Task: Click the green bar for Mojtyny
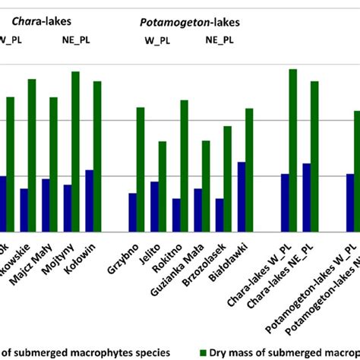[x=75, y=151]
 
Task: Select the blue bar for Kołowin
[x=89, y=201]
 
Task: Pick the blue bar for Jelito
[x=154, y=206]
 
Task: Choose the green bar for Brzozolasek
[x=227, y=178]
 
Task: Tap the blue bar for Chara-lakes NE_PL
[x=307, y=197]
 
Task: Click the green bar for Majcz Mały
[x=53, y=164]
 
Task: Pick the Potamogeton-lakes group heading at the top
[x=190, y=23]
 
